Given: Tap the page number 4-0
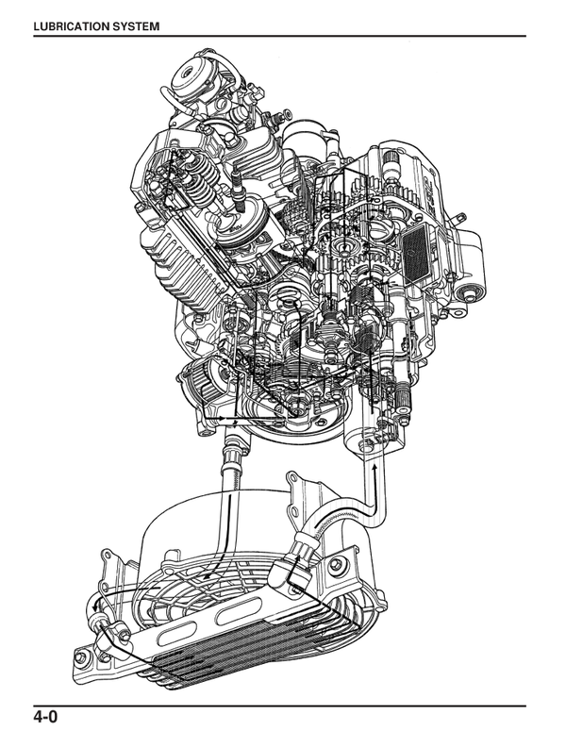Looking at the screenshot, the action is pyautogui.click(x=45, y=716).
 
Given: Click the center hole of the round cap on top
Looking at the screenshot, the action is pyautogui.click(x=188, y=73).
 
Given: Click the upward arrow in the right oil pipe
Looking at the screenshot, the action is pyautogui.click(x=375, y=473).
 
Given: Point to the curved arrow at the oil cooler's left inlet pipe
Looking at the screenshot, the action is pyautogui.click(x=96, y=605).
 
